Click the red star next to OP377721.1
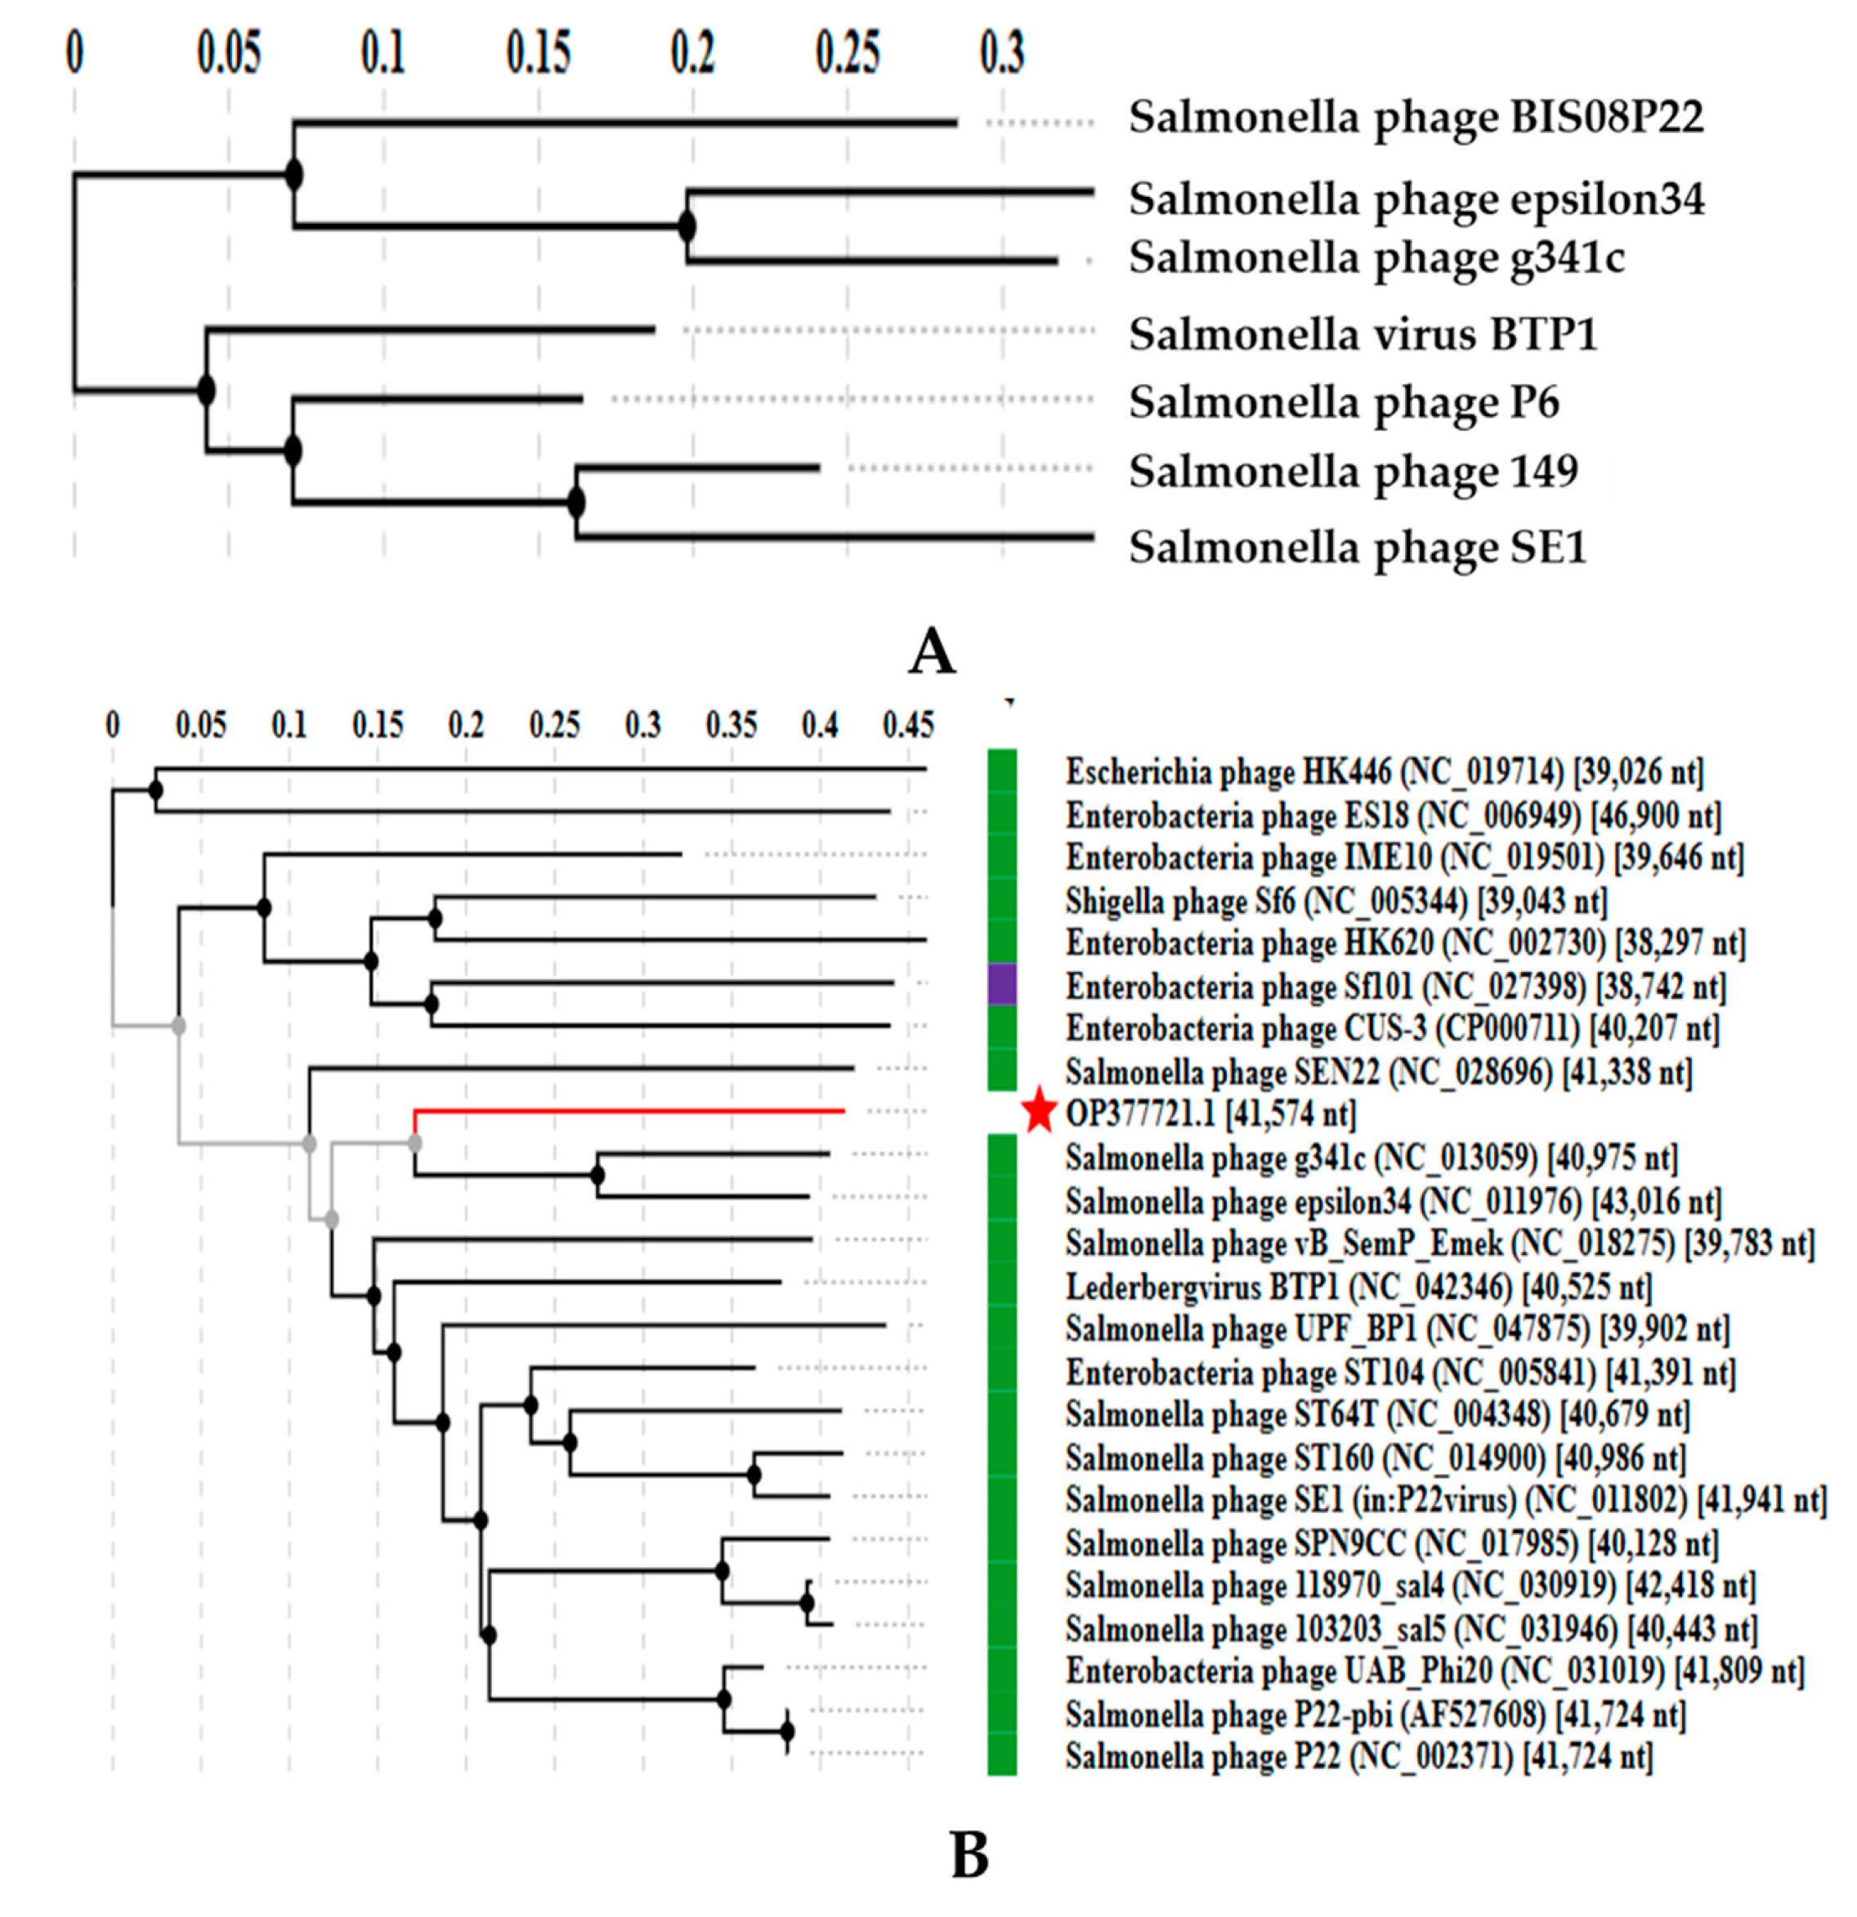coord(1039,1112)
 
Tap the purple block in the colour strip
coord(1001,984)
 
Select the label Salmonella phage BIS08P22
coord(1415,119)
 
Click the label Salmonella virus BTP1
coord(1363,335)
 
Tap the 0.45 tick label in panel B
coord(908,725)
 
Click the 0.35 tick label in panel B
coord(732,725)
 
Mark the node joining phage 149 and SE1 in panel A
coord(576,503)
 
